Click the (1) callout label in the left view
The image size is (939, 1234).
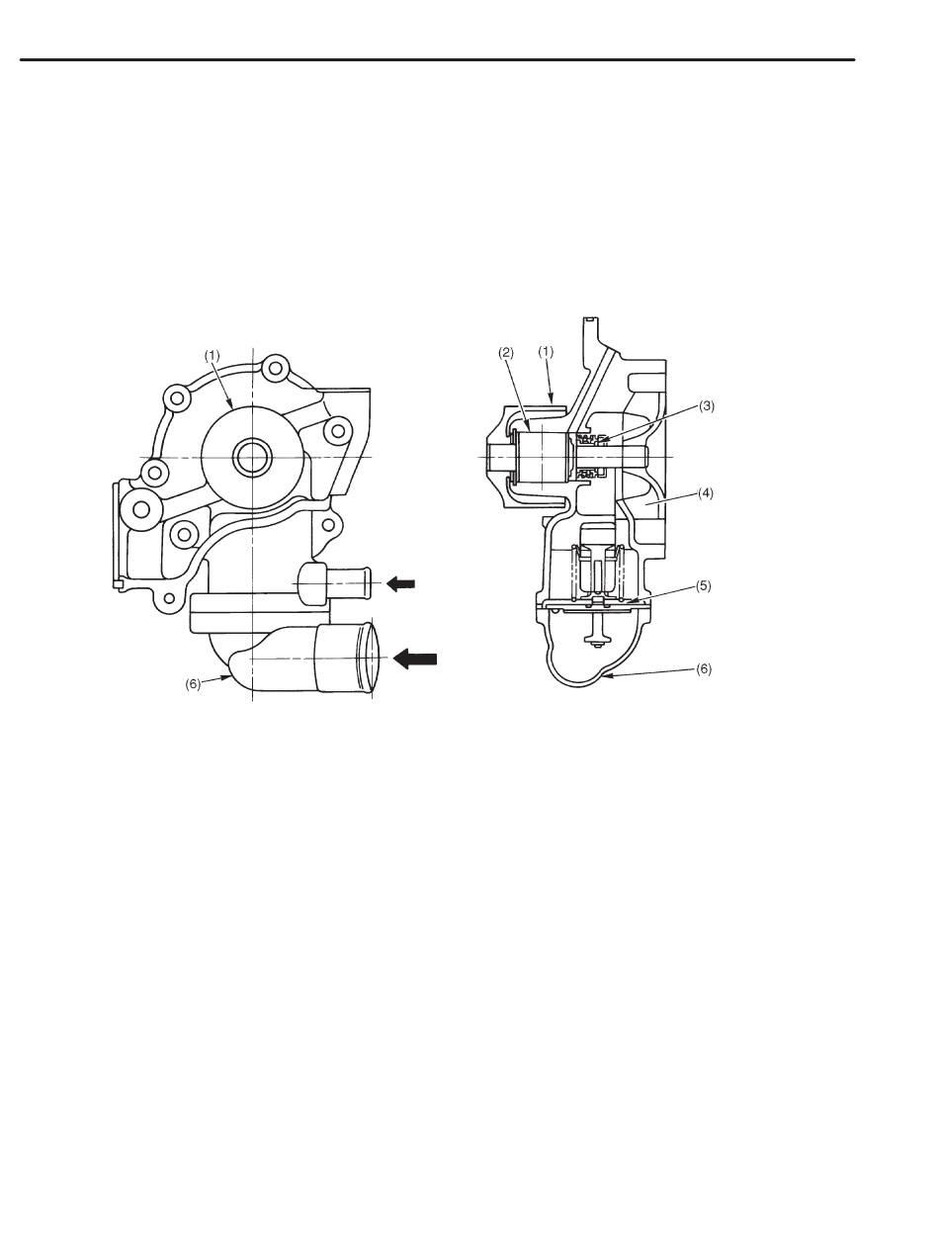coord(212,356)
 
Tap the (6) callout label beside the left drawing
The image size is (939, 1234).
coord(193,684)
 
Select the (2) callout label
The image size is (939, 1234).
coord(506,352)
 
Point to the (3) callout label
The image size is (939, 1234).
coord(707,406)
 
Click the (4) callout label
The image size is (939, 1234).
coord(705,493)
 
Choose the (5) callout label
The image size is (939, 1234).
coord(703,585)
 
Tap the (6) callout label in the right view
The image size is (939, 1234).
coord(703,669)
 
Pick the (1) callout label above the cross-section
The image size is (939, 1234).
coord(546,352)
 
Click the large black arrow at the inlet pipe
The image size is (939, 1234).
coord(415,659)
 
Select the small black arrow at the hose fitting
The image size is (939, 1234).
coord(400,584)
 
